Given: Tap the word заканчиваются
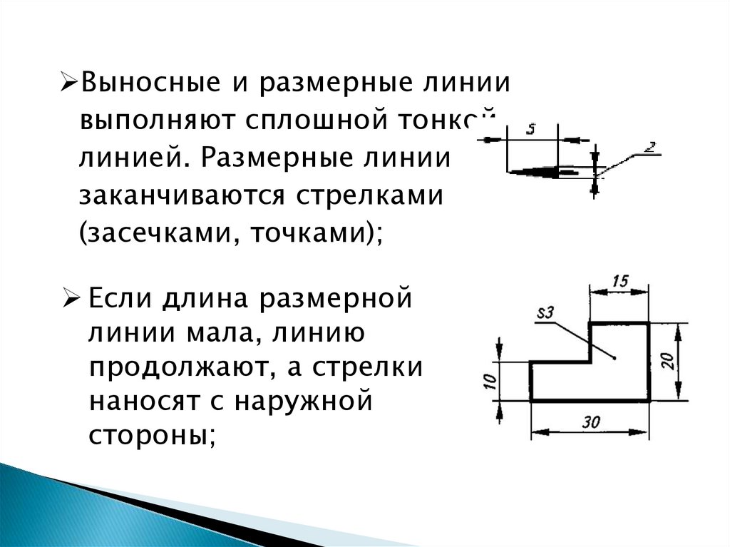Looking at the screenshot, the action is click(x=182, y=195).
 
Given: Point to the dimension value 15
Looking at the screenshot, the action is click(x=619, y=281).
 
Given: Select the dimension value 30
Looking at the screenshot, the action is click(x=590, y=421).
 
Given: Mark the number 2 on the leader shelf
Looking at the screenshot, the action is click(x=649, y=147).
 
